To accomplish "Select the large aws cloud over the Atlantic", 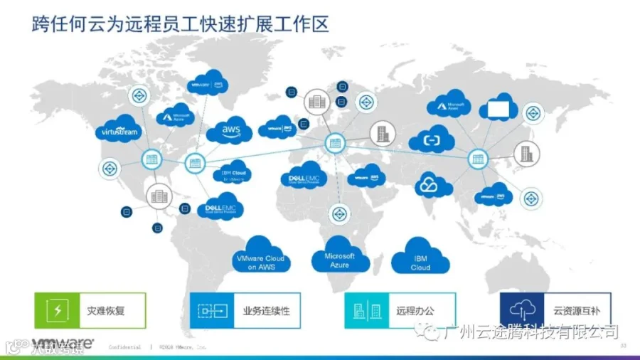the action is click(x=230, y=130).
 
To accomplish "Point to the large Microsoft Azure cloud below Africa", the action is click(x=340, y=257).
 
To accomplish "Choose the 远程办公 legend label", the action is click(x=415, y=311).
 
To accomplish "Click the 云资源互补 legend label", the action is click(x=577, y=311).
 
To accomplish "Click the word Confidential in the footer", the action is click(x=125, y=347).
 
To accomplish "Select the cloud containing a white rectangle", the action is click(x=503, y=107).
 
